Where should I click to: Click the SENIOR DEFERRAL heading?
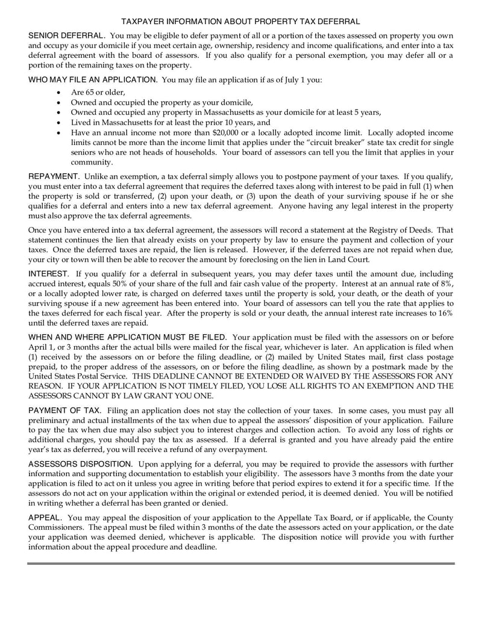(67, 37)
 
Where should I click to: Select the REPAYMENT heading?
(54, 176)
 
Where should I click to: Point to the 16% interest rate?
(443, 314)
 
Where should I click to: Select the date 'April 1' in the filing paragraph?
(42, 348)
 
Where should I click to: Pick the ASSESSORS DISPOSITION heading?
(80, 464)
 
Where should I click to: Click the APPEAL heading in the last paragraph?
(45, 518)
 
